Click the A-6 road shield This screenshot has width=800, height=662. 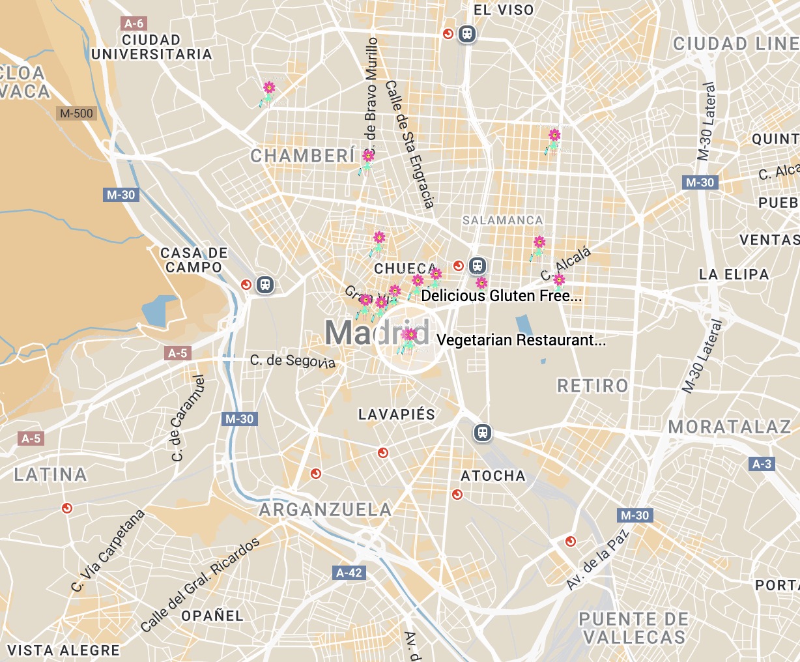pyautogui.click(x=134, y=23)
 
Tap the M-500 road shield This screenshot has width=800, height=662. pyautogui.click(x=76, y=113)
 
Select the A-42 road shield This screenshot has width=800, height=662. pyautogui.click(x=349, y=573)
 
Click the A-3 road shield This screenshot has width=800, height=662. pyautogui.click(x=762, y=464)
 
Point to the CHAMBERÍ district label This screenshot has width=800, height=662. pyautogui.click(x=303, y=156)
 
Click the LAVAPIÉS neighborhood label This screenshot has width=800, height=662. pyautogui.click(x=397, y=414)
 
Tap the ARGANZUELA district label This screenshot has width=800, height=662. pyautogui.click(x=326, y=510)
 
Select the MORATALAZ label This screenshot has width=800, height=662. pyautogui.click(x=730, y=427)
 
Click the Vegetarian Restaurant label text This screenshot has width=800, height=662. pyautogui.click(x=521, y=340)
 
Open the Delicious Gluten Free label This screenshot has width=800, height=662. pyautogui.click(x=502, y=296)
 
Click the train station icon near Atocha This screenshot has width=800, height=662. pyautogui.click(x=482, y=433)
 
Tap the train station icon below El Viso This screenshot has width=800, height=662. pyautogui.click(x=466, y=33)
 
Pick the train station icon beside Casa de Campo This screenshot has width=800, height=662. pyautogui.click(x=264, y=285)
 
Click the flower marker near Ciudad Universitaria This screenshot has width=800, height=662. pyautogui.click(x=268, y=91)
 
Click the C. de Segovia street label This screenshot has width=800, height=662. pyautogui.click(x=293, y=361)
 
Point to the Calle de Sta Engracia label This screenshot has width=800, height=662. pyautogui.click(x=410, y=145)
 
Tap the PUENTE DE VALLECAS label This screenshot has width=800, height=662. pyautogui.click(x=633, y=627)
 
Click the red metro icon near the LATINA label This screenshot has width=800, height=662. pyautogui.click(x=66, y=508)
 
